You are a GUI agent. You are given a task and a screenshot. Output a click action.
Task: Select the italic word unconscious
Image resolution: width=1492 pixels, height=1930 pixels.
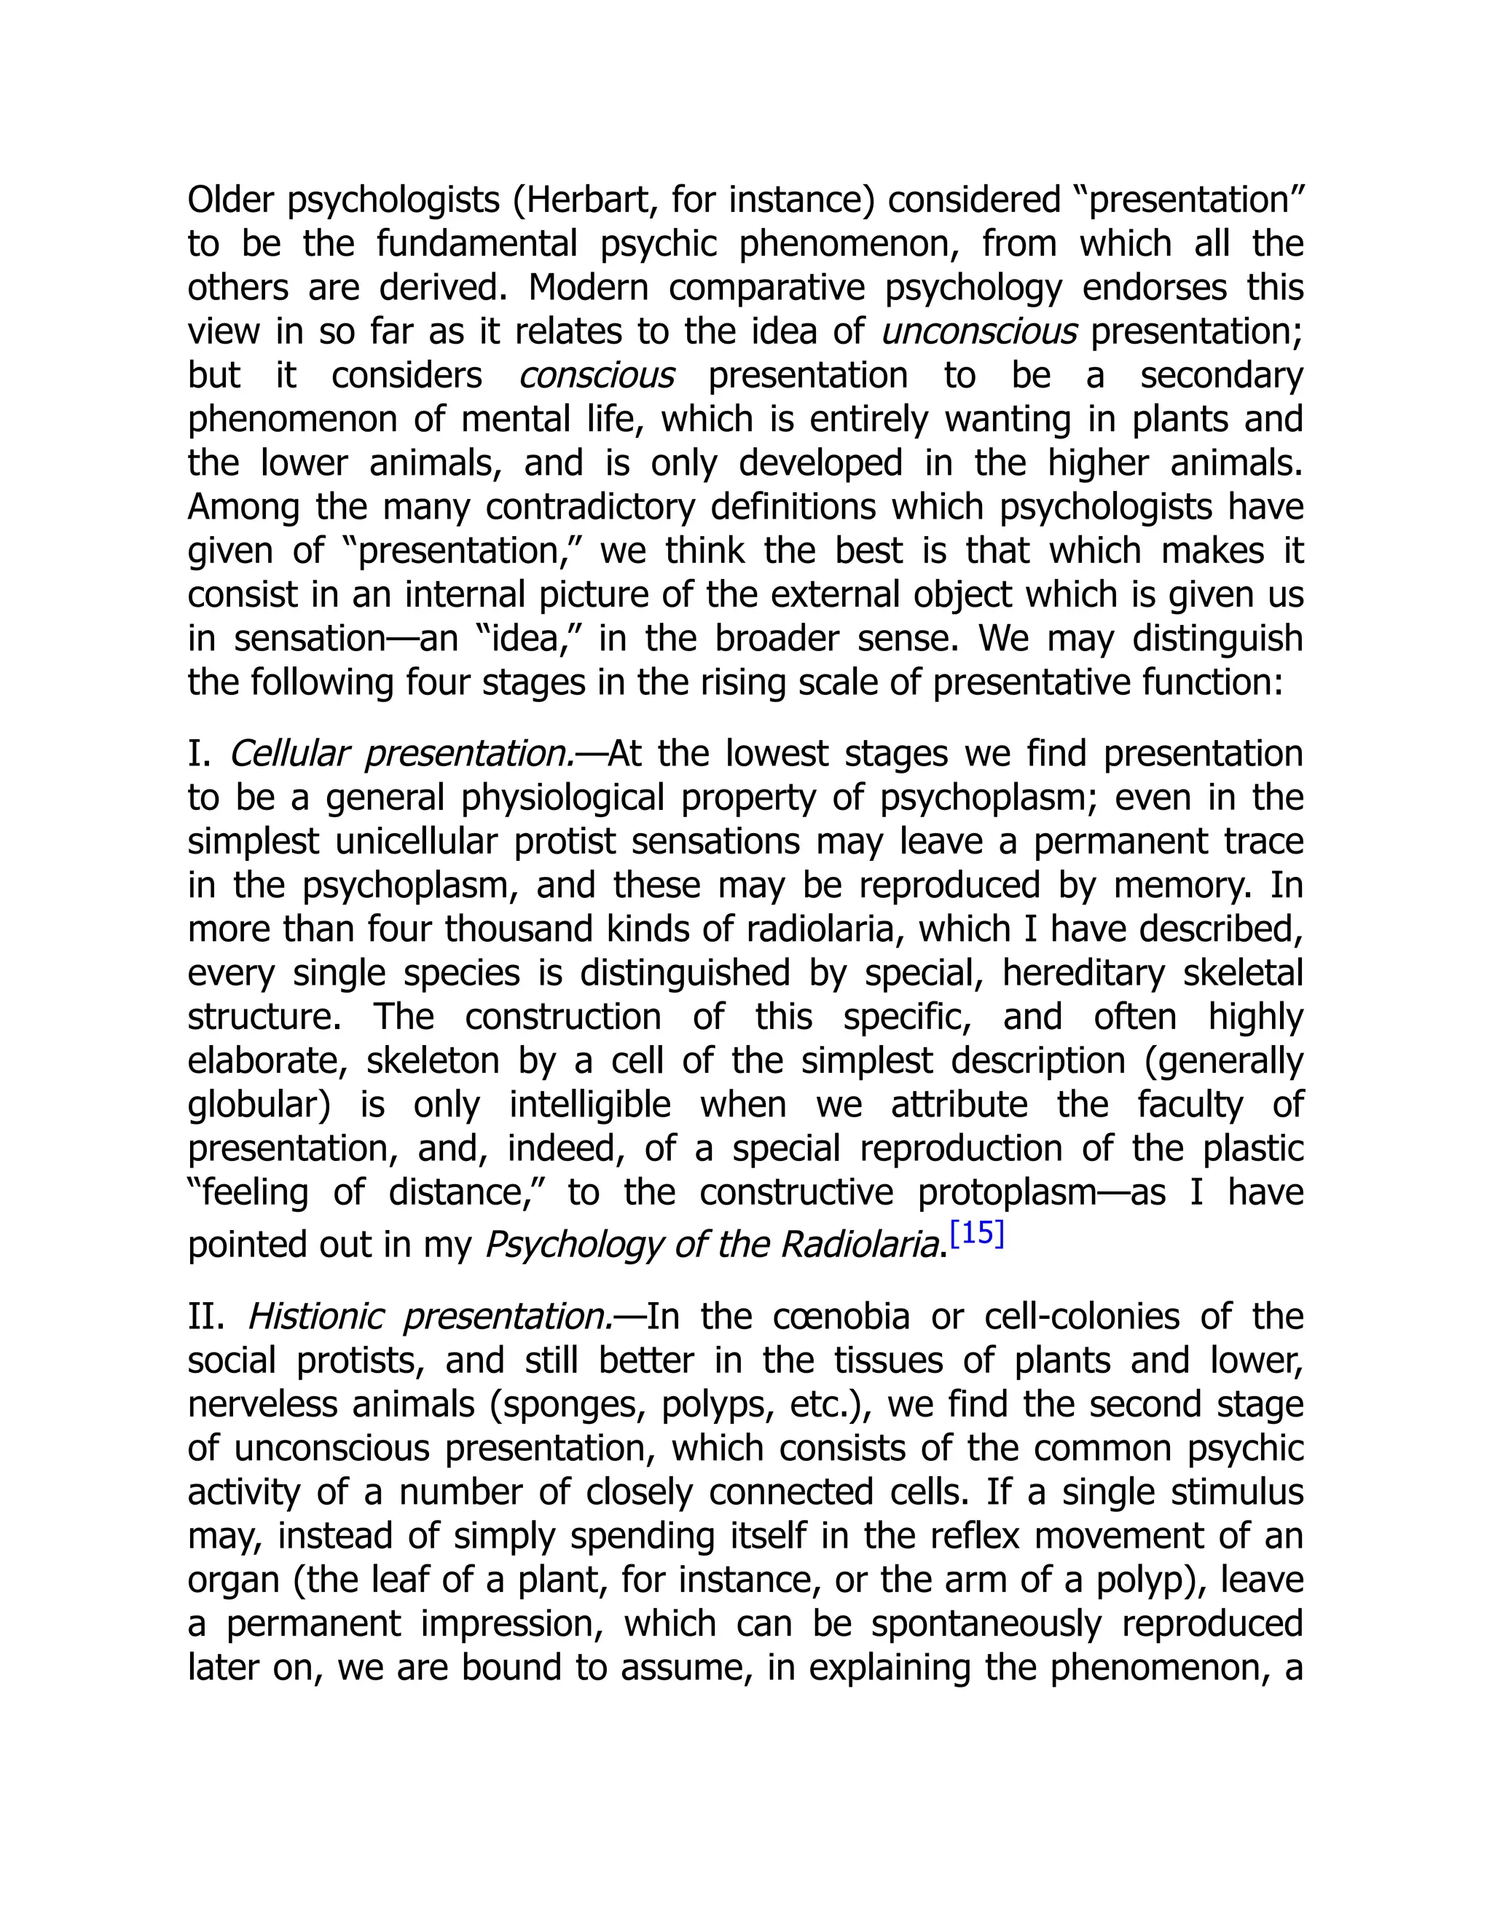(979, 332)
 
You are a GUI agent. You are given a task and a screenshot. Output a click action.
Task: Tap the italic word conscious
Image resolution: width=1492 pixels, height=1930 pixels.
(597, 377)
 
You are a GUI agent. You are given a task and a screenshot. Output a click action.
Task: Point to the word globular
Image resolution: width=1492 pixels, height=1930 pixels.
(254, 1106)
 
